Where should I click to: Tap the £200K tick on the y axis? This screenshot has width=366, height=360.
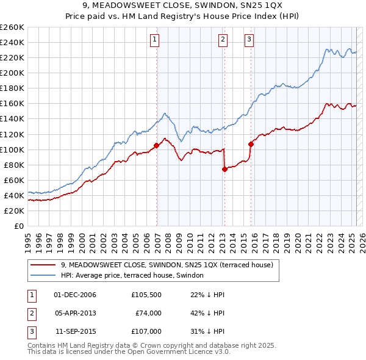[12, 73]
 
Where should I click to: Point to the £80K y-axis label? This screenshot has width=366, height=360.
[13, 165]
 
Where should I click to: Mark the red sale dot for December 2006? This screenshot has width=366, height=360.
[156, 145]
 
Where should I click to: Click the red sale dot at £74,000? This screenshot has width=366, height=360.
[224, 170]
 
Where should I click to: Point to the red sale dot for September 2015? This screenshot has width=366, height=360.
[251, 144]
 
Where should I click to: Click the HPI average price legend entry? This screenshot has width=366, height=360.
[134, 275]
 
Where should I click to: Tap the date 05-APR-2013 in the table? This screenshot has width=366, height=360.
[75, 313]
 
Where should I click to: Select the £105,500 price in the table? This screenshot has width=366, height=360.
[146, 295]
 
